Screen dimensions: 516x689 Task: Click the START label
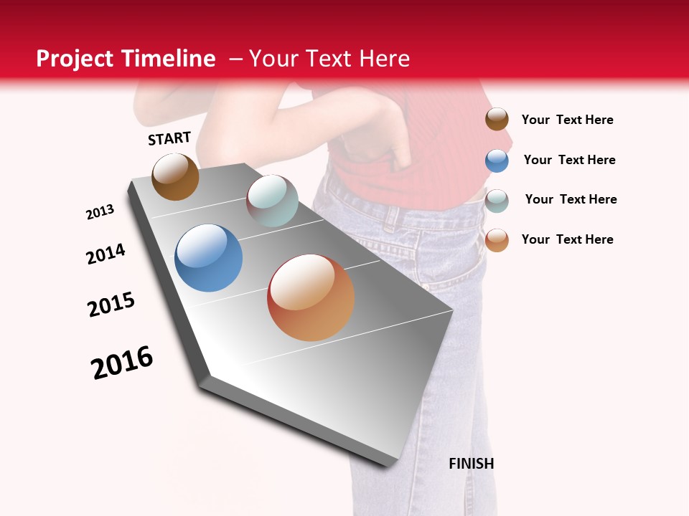169,138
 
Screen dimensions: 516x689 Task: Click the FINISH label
471,464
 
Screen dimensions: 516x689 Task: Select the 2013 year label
100,212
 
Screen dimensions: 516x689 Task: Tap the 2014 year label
106,254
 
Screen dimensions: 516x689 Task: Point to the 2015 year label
111,305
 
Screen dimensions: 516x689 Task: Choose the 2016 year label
122,363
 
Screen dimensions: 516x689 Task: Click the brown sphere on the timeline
175,176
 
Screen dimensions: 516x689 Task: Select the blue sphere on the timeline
209,258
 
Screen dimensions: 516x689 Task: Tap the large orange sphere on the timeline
311,297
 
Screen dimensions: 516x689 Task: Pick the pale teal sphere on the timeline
272,200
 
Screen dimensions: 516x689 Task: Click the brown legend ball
497,119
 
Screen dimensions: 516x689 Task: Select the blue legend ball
497,161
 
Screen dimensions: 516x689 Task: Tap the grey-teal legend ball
497,201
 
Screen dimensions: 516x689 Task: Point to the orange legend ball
497,240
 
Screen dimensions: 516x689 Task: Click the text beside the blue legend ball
569,160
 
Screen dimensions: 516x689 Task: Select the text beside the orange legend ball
567,239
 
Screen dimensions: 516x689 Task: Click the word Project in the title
75,59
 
